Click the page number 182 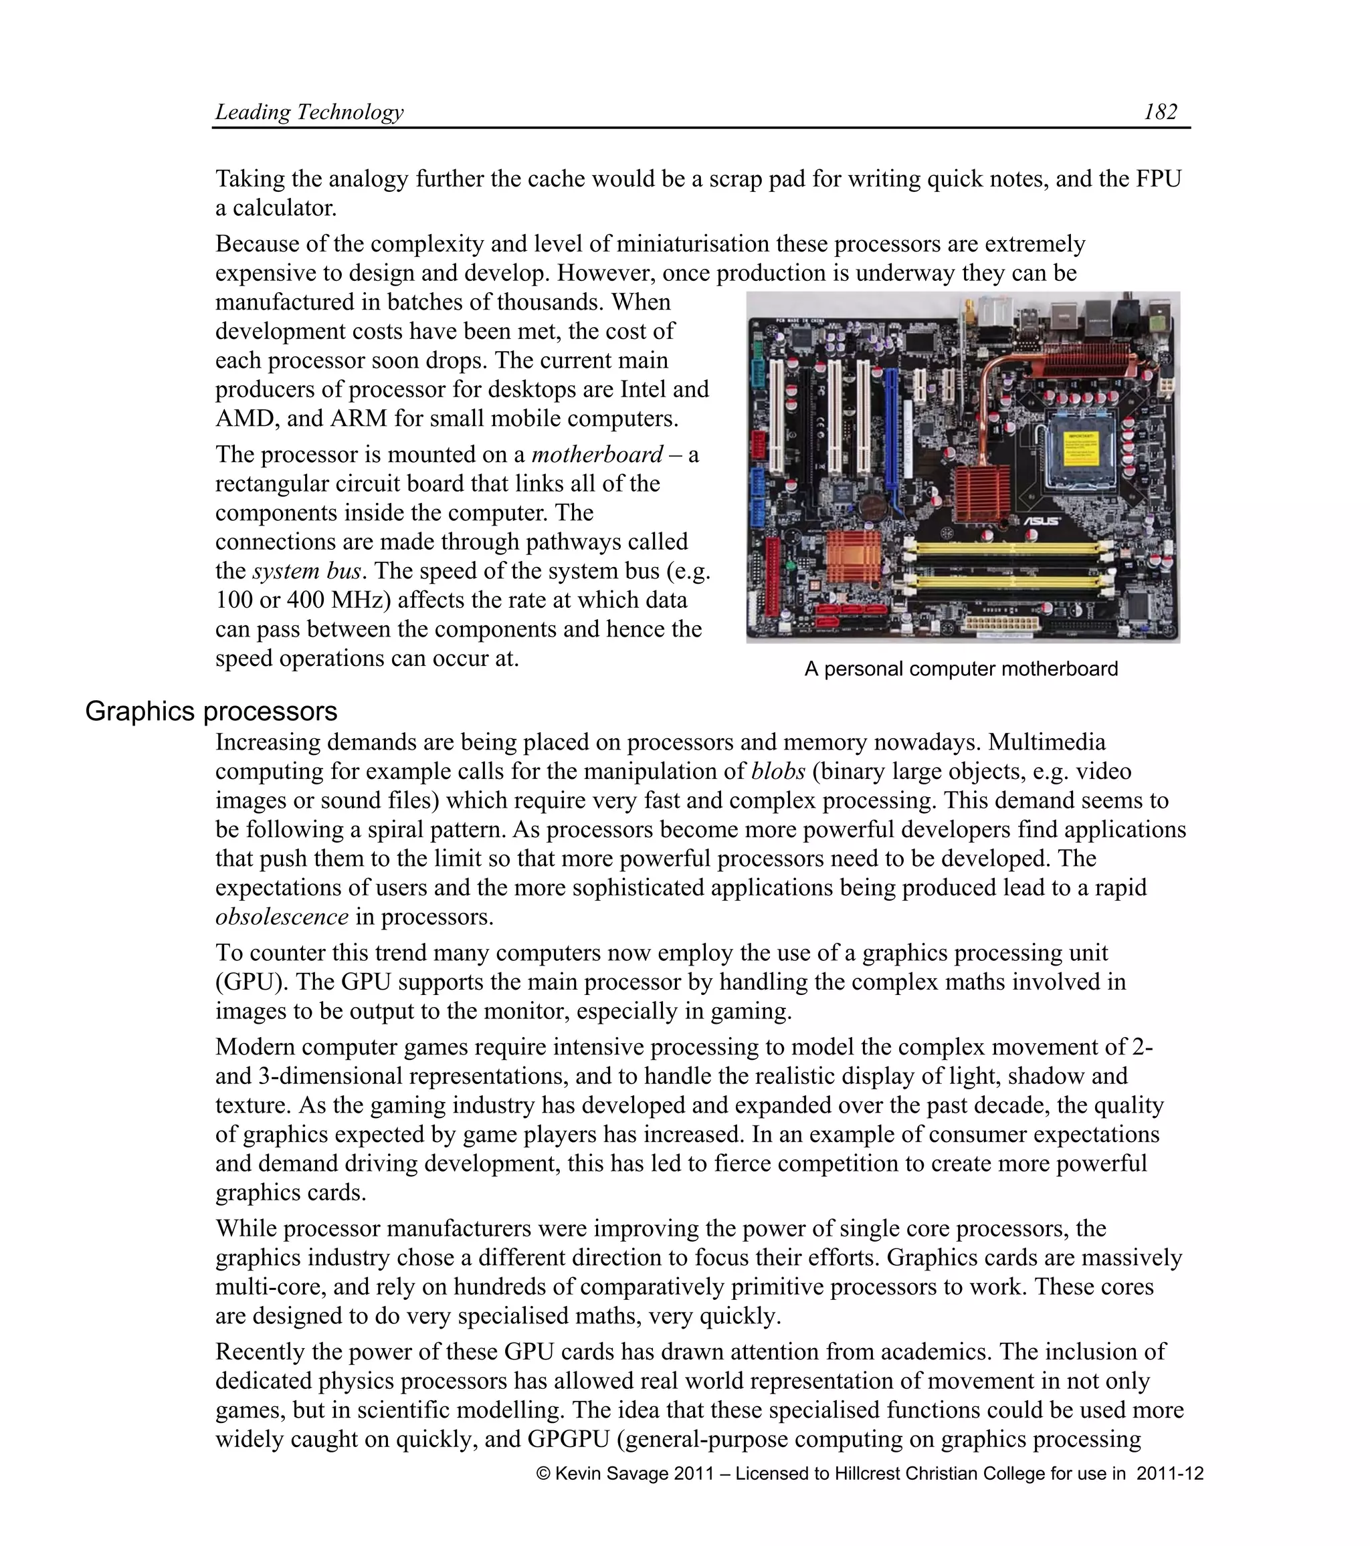pos(1160,112)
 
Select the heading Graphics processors pos(211,711)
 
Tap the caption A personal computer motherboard pos(961,669)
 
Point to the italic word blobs pos(778,772)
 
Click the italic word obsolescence pos(282,917)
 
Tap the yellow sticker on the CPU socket pos(1081,449)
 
